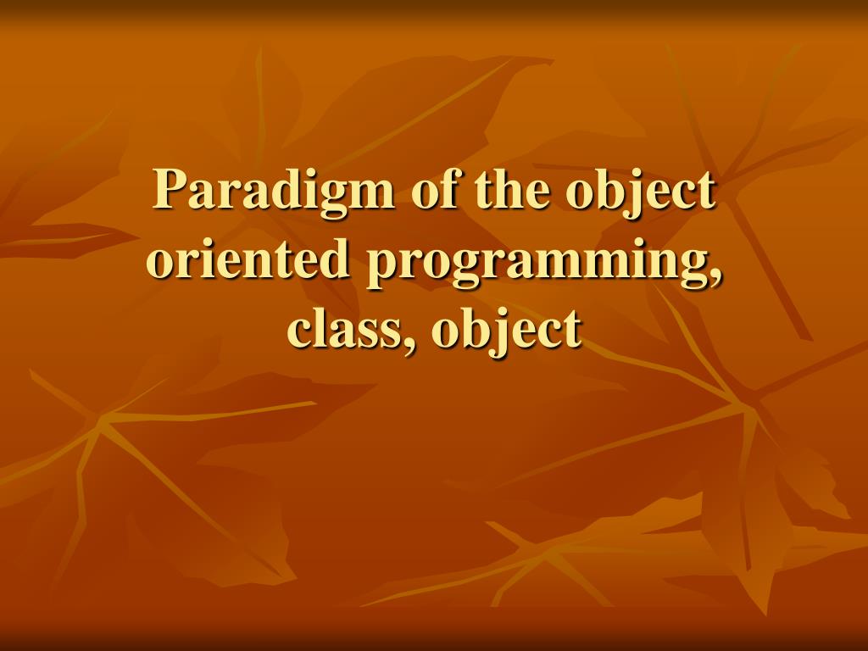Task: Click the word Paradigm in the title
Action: [274, 192]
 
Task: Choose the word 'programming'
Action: [537, 261]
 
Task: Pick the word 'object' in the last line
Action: [507, 330]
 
